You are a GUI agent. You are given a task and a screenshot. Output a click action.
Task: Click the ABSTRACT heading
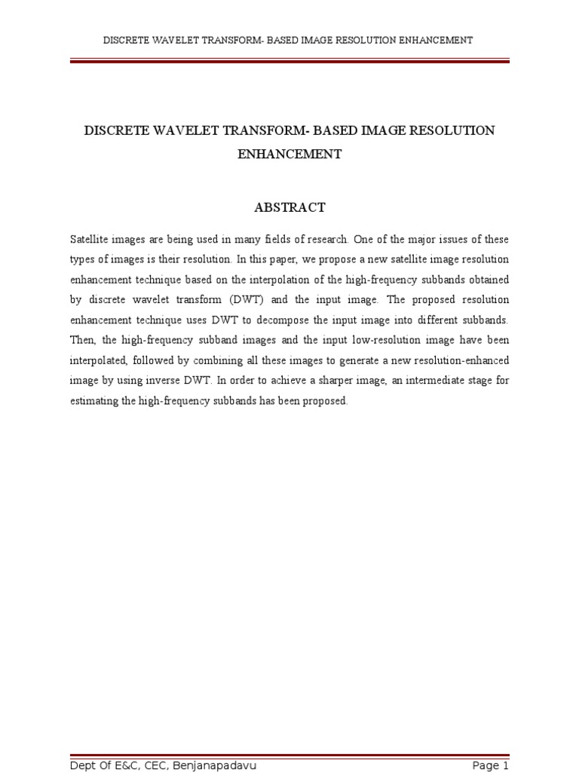tap(289, 207)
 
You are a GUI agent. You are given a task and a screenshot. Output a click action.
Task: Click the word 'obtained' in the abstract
tap(490, 280)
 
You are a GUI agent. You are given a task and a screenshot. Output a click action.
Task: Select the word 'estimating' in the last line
tap(93, 401)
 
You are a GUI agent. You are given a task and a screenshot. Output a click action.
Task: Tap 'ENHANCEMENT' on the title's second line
tap(289, 154)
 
